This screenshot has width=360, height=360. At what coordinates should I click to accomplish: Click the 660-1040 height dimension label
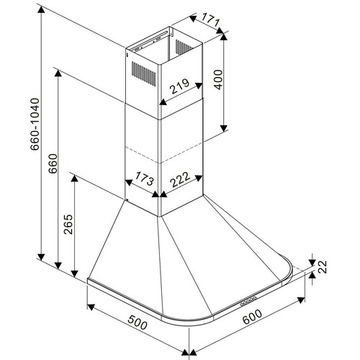click(35, 124)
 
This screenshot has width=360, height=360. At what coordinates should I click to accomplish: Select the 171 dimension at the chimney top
click(210, 20)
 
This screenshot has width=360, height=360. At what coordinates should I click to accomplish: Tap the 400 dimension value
click(218, 80)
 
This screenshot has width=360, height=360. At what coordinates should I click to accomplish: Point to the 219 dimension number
click(180, 86)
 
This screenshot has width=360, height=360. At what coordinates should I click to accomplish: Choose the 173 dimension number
click(144, 179)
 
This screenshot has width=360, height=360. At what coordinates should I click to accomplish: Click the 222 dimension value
click(180, 179)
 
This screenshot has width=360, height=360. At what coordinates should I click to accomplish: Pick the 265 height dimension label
click(68, 225)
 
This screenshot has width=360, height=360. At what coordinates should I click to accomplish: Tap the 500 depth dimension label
click(138, 323)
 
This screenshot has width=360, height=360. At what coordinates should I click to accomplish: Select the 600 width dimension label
click(252, 317)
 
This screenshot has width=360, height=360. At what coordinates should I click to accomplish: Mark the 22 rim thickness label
click(323, 266)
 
